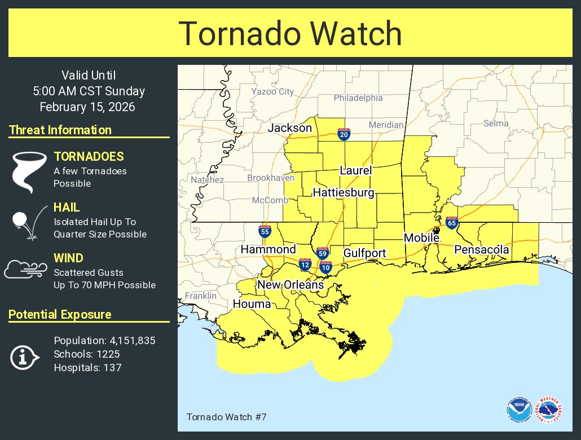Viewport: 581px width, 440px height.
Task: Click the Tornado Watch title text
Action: [290, 34]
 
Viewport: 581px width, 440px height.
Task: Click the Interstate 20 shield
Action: [344, 134]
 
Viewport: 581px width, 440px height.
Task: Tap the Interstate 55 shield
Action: [264, 231]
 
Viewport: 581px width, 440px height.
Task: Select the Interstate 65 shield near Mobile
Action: [451, 223]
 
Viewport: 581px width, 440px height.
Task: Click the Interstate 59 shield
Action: [322, 253]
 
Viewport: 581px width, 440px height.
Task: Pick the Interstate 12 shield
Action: [305, 263]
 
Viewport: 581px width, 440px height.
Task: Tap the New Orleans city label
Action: [290, 285]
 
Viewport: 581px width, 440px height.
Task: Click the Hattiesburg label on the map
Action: [344, 193]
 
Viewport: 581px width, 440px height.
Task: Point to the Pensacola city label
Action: [482, 249]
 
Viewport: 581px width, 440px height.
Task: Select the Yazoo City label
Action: [272, 91]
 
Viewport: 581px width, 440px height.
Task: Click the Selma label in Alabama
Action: [496, 124]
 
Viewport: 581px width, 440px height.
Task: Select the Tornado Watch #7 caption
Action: [226, 417]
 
